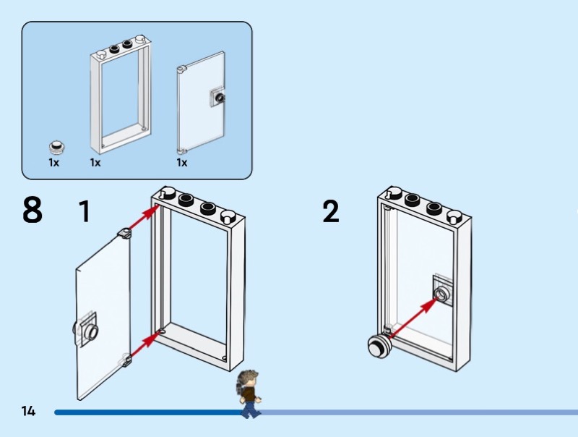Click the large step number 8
(x=33, y=210)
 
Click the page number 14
(x=28, y=411)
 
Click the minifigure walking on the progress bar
(x=250, y=394)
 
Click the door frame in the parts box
(x=121, y=98)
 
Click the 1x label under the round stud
(x=53, y=163)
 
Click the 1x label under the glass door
(x=182, y=163)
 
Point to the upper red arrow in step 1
(x=144, y=215)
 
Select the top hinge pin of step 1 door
(x=124, y=232)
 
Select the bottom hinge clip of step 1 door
(x=126, y=360)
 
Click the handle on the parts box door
(x=217, y=97)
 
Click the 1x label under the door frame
(x=95, y=163)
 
